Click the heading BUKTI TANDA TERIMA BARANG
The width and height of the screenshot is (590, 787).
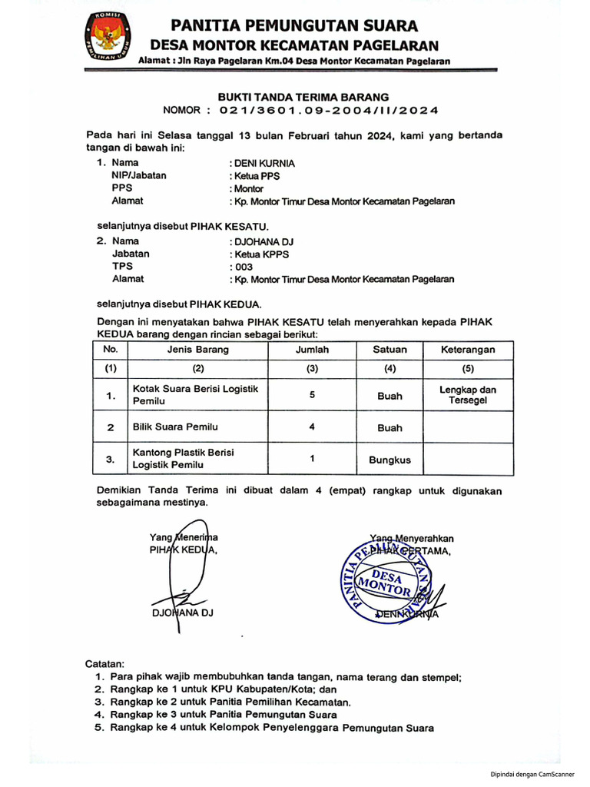click(x=303, y=97)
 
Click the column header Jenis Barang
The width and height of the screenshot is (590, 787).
click(x=197, y=350)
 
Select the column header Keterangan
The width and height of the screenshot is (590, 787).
click(x=468, y=350)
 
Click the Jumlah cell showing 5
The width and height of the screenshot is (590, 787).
click(x=311, y=394)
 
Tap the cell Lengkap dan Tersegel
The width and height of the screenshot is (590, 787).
click(x=468, y=395)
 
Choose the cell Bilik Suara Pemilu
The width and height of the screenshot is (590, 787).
click(x=176, y=427)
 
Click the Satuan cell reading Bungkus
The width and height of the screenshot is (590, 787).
click(x=389, y=460)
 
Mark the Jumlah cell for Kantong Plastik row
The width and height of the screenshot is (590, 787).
click(x=312, y=459)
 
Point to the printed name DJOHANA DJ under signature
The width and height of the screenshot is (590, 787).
click(x=181, y=613)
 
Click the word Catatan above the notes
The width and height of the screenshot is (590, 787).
click(x=110, y=663)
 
